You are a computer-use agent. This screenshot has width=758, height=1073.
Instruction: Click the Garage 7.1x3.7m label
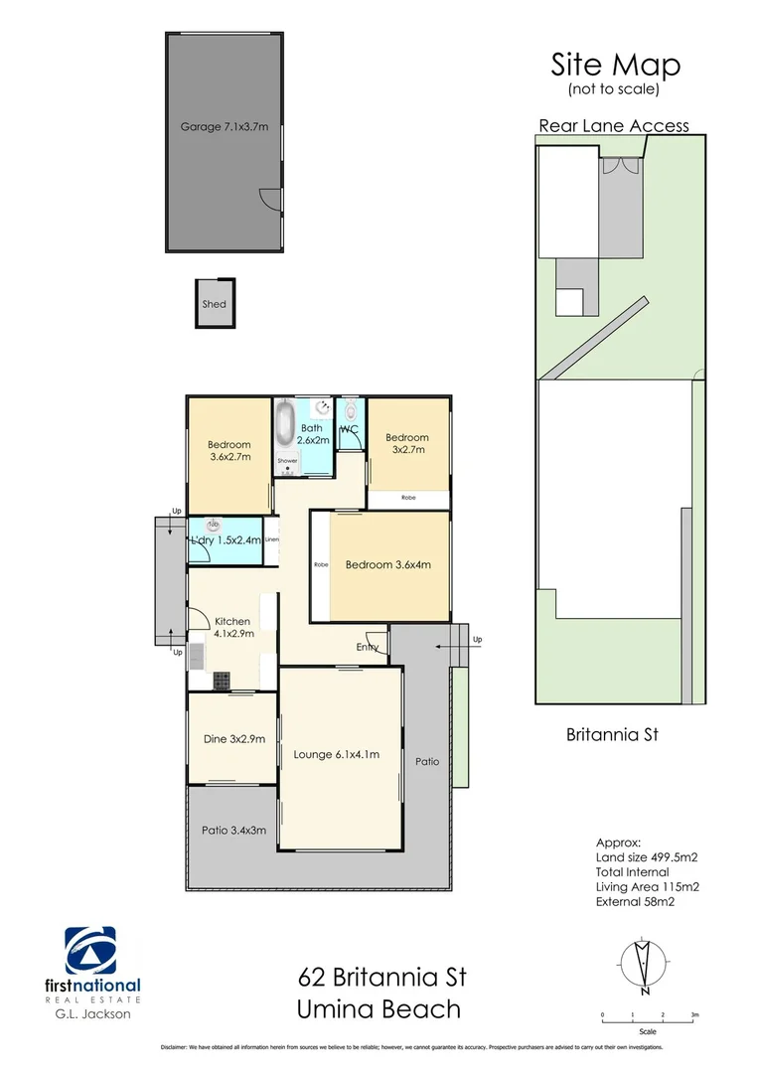[225, 127]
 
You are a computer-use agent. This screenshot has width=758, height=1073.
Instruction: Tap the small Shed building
[214, 303]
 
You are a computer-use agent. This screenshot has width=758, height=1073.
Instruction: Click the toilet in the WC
[351, 413]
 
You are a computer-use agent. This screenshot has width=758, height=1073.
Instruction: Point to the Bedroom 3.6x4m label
[387, 565]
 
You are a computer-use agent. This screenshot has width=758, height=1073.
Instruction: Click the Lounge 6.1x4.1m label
[337, 754]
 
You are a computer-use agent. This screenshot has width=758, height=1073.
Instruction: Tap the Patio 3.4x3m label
[233, 831]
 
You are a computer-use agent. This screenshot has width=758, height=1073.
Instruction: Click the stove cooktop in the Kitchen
[222, 681]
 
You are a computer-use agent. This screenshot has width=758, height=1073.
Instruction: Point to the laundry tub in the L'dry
[212, 524]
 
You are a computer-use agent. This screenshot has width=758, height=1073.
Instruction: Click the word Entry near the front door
[368, 648]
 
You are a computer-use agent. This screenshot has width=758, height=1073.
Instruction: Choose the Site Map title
[616, 66]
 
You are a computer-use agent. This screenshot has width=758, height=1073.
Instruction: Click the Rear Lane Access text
[613, 125]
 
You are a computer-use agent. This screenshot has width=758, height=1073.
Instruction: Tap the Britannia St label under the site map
[612, 736]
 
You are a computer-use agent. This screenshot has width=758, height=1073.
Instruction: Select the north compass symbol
[644, 964]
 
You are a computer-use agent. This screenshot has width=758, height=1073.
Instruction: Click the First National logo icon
[90, 951]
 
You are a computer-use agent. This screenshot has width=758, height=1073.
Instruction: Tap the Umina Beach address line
[379, 1009]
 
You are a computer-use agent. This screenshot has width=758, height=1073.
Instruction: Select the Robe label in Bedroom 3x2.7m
[408, 497]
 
